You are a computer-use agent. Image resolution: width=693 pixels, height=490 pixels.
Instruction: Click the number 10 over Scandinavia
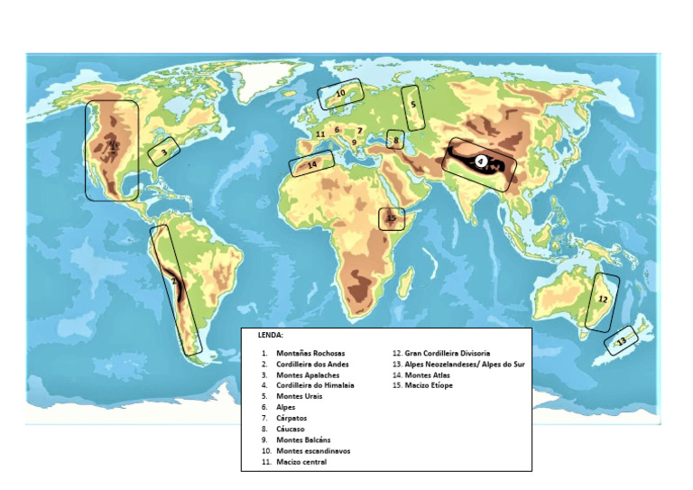(340, 93)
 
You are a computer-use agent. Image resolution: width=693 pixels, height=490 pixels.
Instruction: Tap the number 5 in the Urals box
(412, 105)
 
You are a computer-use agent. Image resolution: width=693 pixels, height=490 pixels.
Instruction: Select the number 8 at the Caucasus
(395, 140)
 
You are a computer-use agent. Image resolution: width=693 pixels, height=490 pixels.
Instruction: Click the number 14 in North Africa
(312, 165)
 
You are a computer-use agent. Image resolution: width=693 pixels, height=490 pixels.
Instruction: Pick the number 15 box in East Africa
(391, 218)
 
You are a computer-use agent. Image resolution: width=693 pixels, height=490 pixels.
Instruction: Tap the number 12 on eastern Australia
(603, 298)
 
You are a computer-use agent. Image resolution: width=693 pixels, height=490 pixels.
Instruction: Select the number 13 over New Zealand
(621, 341)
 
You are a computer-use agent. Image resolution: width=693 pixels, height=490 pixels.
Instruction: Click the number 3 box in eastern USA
(163, 153)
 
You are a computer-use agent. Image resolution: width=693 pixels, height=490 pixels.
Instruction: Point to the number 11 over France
(319, 134)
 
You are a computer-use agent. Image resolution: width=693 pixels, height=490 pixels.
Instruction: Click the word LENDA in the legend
(270, 335)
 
